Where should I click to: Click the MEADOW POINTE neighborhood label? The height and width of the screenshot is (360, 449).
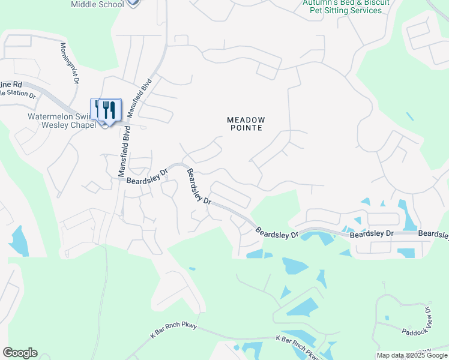[246, 124]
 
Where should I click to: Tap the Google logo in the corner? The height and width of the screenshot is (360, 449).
[20, 353]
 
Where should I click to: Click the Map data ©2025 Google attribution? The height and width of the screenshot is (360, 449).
[412, 355]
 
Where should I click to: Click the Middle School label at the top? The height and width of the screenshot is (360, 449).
[97, 4]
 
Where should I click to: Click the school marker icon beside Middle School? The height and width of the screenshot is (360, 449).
[133, 3]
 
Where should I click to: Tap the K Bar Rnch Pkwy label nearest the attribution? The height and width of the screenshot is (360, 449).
[298, 347]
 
